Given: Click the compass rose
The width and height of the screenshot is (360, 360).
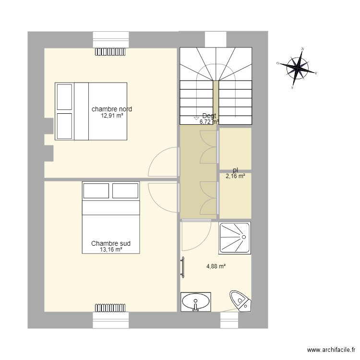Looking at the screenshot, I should (298, 68).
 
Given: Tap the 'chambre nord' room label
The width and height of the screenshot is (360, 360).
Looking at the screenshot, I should (112, 109).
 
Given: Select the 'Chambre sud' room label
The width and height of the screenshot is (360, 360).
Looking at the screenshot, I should (111, 244).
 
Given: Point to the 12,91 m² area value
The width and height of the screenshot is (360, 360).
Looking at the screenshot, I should (112, 116).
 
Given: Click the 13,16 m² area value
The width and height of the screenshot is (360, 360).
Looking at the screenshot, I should (111, 250).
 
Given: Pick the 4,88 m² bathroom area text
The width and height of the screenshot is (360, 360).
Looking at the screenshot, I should (216, 266).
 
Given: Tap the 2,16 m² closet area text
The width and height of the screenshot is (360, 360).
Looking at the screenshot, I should (235, 176).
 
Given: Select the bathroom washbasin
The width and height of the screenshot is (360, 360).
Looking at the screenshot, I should (196, 302).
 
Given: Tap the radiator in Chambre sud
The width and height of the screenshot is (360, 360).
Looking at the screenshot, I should (110, 307).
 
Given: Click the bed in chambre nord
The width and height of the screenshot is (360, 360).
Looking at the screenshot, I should (91, 111).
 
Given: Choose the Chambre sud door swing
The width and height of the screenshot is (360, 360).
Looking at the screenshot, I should (163, 197).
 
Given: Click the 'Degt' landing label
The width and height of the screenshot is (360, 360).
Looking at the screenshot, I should (209, 116).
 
